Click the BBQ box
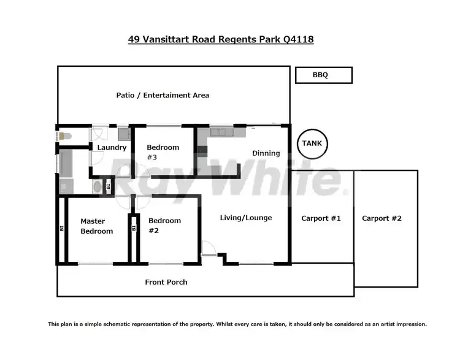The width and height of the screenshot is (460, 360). (323, 75)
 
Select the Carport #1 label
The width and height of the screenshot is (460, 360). (321, 218)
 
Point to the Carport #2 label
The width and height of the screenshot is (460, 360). (381, 218)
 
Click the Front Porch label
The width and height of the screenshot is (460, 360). (166, 282)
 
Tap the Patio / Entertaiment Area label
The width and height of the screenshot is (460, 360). (163, 95)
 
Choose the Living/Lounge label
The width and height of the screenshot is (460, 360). (247, 218)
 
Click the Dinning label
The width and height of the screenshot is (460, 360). (266, 153)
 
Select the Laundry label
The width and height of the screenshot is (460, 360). (112, 147)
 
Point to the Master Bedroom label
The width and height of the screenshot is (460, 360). (97, 226)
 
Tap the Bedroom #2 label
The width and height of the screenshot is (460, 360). (164, 226)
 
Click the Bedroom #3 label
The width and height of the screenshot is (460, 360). (163, 152)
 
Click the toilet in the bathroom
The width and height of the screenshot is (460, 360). (64, 136)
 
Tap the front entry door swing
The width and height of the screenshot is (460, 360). (209, 249)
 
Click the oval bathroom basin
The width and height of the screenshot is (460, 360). (97, 186)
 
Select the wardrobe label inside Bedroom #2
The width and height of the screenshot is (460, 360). (133, 228)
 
